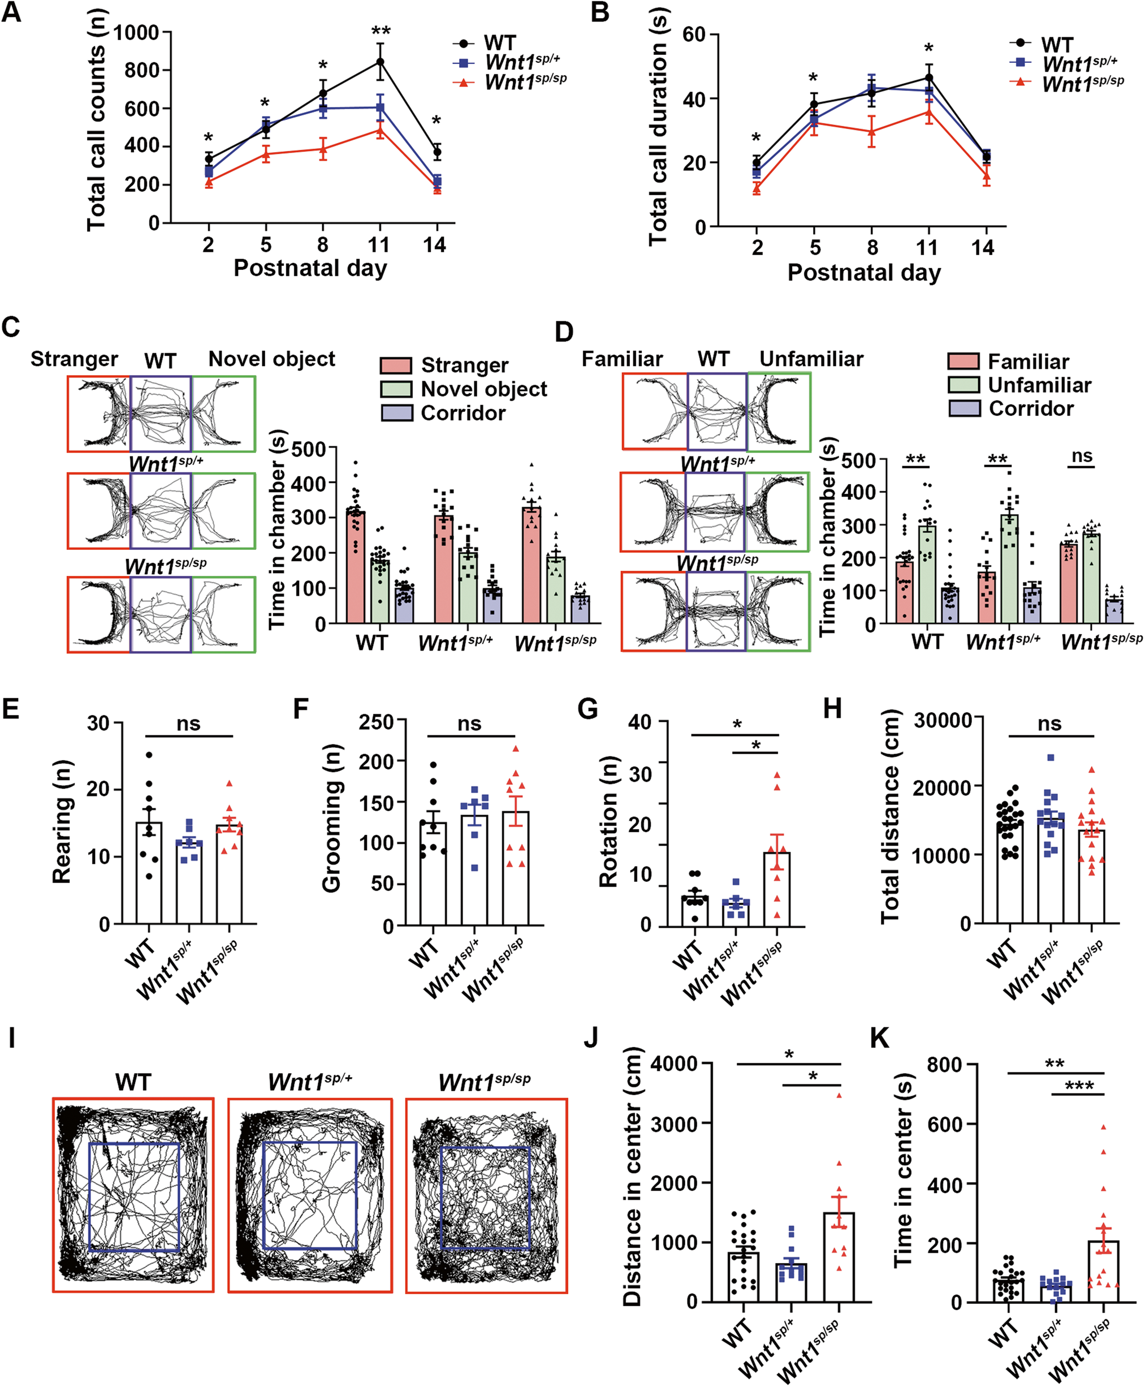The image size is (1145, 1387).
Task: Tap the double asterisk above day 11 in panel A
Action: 381,32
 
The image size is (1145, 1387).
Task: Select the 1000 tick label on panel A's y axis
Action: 136,33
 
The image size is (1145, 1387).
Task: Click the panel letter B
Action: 599,12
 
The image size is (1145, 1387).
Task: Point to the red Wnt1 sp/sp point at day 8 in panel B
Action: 871,131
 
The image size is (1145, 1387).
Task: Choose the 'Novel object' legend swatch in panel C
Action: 396,389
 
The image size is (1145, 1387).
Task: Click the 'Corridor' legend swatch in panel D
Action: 964,408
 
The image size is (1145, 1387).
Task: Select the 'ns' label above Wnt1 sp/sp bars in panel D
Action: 1082,456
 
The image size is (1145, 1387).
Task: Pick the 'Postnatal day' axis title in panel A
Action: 310,269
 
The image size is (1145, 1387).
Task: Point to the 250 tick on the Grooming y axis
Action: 376,722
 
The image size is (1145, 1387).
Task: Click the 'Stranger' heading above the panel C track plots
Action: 74,359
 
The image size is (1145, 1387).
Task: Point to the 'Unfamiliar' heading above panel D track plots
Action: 811,359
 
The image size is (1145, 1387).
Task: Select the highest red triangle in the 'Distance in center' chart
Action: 839,1095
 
